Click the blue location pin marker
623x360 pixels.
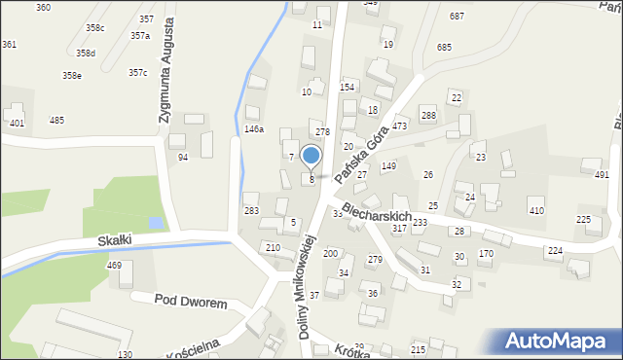[x=311, y=157]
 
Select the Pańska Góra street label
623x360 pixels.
[x=354, y=151]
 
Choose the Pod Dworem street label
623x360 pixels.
[x=191, y=303]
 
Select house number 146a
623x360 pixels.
[x=253, y=128]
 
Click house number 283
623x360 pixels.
[x=251, y=210]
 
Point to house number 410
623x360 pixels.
[x=535, y=210]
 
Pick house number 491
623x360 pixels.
[x=602, y=174]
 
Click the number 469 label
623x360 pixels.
[x=114, y=265]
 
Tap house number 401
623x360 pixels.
[x=17, y=124]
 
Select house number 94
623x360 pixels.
[x=182, y=157]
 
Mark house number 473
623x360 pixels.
[x=399, y=126]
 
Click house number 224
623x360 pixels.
[x=554, y=251]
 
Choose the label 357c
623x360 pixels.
[x=138, y=72]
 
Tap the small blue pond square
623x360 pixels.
[x=156, y=224]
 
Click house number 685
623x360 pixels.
[x=444, y=47]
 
